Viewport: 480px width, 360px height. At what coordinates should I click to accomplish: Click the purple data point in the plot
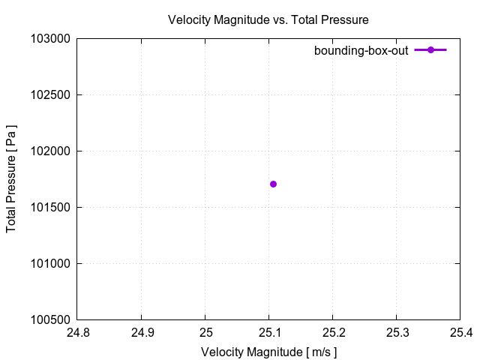click(273, 184)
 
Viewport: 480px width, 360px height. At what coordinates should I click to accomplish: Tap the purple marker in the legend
click(430, 50)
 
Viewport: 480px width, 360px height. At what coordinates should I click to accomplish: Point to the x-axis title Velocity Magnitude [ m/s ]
click(268, 352)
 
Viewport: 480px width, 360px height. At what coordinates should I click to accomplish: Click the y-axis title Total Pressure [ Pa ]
click(11, 179)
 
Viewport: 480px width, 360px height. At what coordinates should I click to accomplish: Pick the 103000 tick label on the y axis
click(51, 39)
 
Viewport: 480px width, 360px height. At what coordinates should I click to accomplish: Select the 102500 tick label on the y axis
click(51, 95)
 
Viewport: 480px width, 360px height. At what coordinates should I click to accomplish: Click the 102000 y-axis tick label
click(51, 151)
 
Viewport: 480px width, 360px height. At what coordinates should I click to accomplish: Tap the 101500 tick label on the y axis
click(51, 208)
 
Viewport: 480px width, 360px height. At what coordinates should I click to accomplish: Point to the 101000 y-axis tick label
click(51, 264)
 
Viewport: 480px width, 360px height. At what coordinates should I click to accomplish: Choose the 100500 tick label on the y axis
click(51, 320)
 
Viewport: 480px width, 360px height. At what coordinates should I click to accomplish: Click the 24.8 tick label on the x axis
click(79, 332)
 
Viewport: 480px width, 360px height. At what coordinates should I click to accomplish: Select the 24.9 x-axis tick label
click(142, 332)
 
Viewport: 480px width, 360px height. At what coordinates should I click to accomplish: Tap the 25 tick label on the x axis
click(205, 332)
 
